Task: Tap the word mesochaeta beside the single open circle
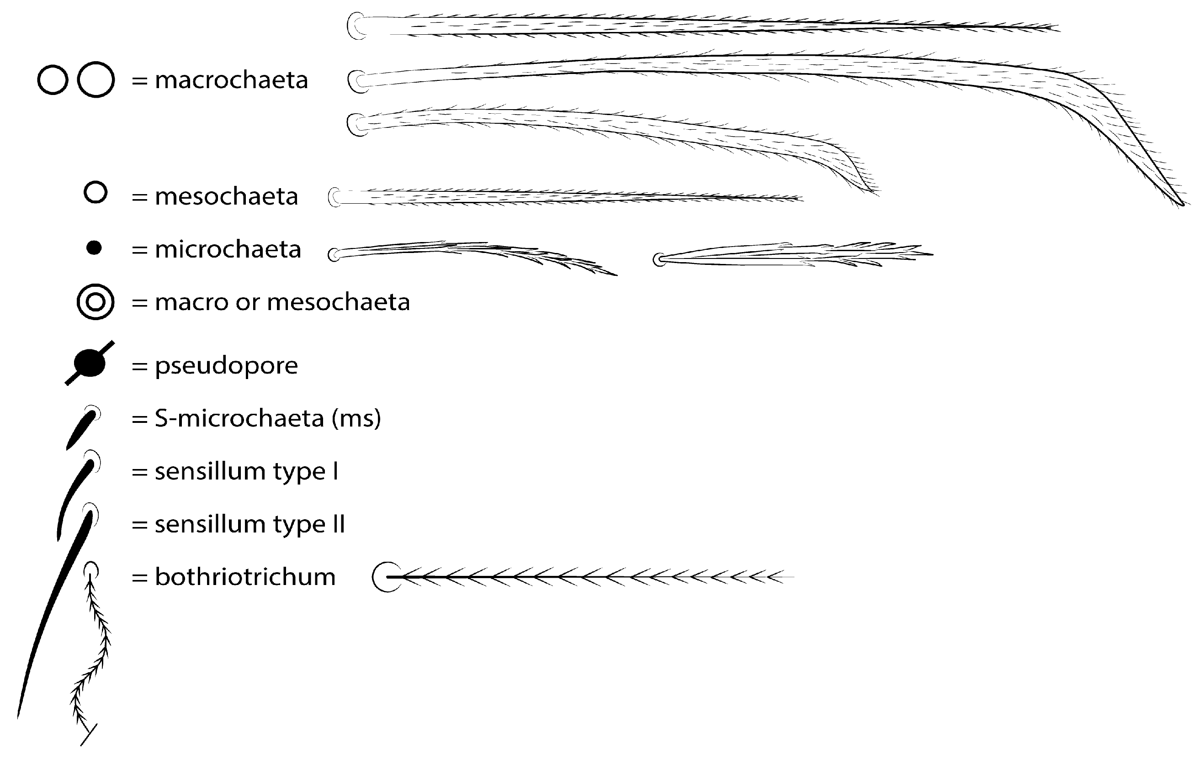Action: pos(226,196)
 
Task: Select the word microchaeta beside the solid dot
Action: pos(228,249)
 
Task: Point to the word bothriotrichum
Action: pos(245,577)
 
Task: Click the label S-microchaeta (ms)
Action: pos(268,418)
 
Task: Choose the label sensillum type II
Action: pos(250,524)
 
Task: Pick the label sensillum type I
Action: pos(246,471)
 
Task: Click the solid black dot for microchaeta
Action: pos(94,248)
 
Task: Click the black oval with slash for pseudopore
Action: pos(90,363)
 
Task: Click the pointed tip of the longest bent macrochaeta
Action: pos(1184,204)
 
